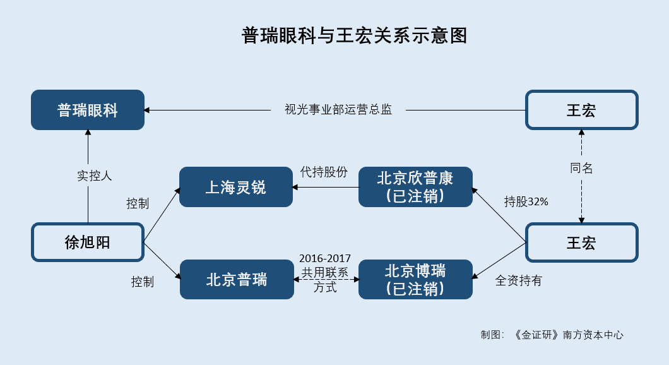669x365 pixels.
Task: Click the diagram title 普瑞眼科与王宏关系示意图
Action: tap(354, 35)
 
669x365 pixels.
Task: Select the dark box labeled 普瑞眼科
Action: tap(88, 110)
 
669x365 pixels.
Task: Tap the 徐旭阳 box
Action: tap(88, 242)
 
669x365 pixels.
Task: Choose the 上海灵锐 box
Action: tap(236, 187)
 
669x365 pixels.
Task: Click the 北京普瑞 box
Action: tap(237, 280)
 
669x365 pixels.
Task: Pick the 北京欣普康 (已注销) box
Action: tap(415, 187)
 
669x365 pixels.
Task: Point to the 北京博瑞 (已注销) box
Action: tap(415, 280)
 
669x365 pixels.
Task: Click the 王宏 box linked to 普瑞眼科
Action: tap(581, 110)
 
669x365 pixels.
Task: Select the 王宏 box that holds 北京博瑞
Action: tap(581, 242)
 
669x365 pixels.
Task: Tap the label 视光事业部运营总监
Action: tap(338, 110)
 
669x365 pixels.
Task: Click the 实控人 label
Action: tap(94, 176)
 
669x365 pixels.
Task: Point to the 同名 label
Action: tap(581, 168)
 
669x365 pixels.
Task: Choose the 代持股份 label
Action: tap(324, 172)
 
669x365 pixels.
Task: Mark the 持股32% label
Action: tap(526, 201)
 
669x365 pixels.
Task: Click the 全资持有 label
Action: tap(518, 280)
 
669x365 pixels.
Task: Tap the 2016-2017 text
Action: tap(325, 258)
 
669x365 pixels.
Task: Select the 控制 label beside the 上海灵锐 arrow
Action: tap(138, 203)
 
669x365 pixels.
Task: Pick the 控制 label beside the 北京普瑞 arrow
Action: tap(143, 282)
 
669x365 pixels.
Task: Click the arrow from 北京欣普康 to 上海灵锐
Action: tap(326, 187)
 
